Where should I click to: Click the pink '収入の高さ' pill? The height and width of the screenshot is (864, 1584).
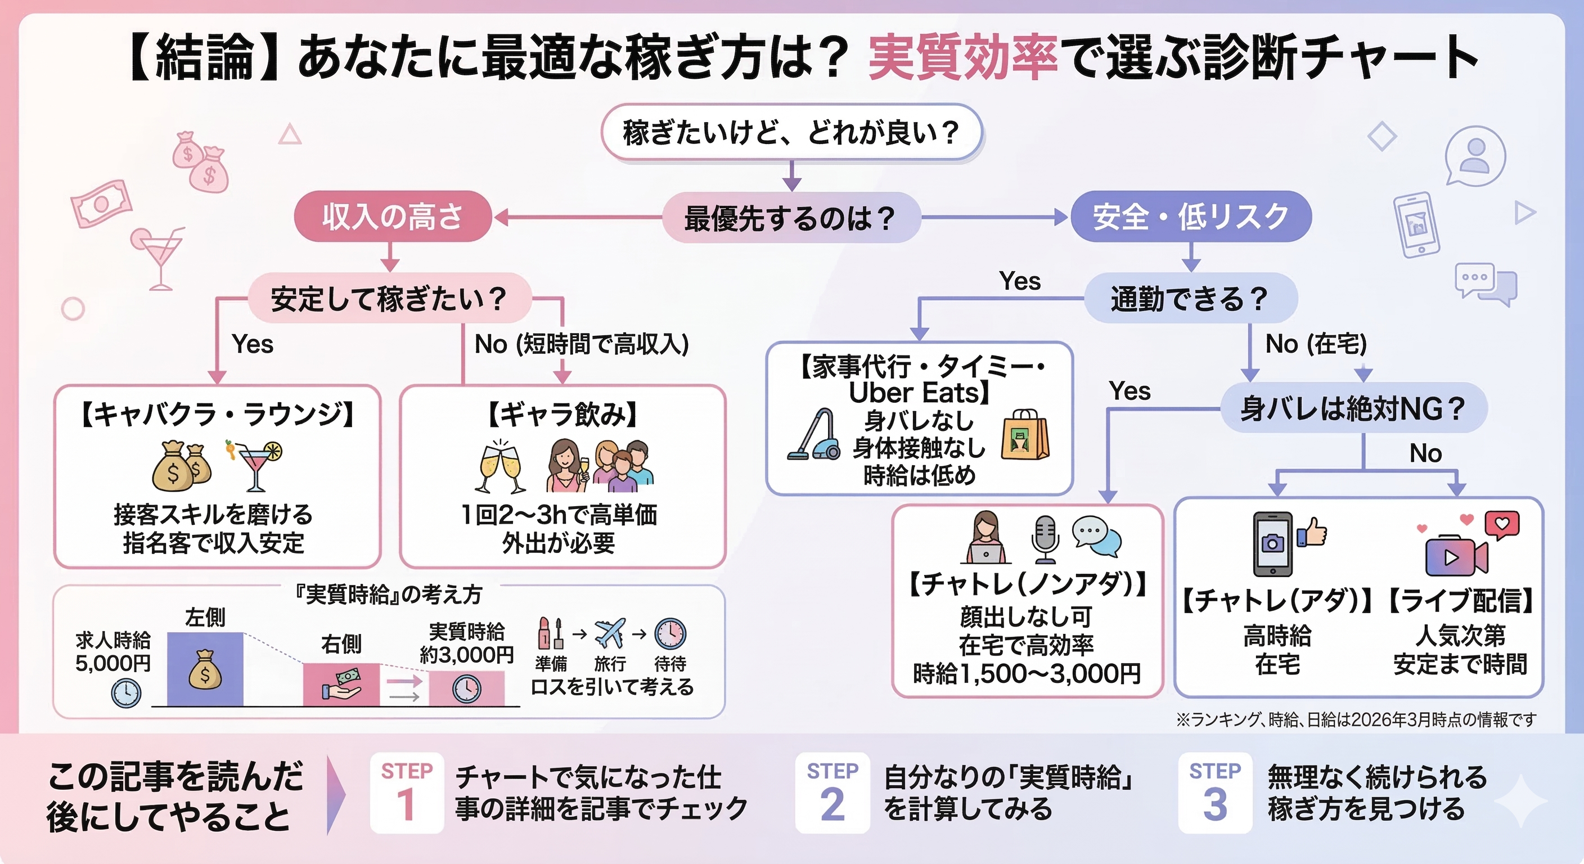coord(392,217)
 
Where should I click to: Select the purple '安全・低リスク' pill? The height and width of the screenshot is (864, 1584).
coord(1190,217)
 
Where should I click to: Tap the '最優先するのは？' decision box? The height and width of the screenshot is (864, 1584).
coord(791,218)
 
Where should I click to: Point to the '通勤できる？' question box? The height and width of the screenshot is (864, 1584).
coord(1190,298)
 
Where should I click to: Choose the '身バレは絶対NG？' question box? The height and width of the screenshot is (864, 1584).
coord(1353,408)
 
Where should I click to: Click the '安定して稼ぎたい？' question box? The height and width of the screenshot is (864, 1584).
coord(389,298)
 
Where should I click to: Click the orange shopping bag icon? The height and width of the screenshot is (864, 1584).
coord(1024,435)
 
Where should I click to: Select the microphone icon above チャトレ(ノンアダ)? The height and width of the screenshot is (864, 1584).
coord(1044,539)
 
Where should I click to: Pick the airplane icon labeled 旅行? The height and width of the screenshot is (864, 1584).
coord(609,633)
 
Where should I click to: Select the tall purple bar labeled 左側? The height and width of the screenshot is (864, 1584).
coord(205,668)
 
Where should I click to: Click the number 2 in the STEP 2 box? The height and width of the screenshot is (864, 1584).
coord(832,805)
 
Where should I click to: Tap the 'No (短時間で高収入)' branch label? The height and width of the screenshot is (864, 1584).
coord(581,344)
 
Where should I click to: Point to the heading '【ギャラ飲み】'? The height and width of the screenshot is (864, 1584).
coord(562,414)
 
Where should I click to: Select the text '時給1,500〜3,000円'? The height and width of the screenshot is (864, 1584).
coord(1026,674)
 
